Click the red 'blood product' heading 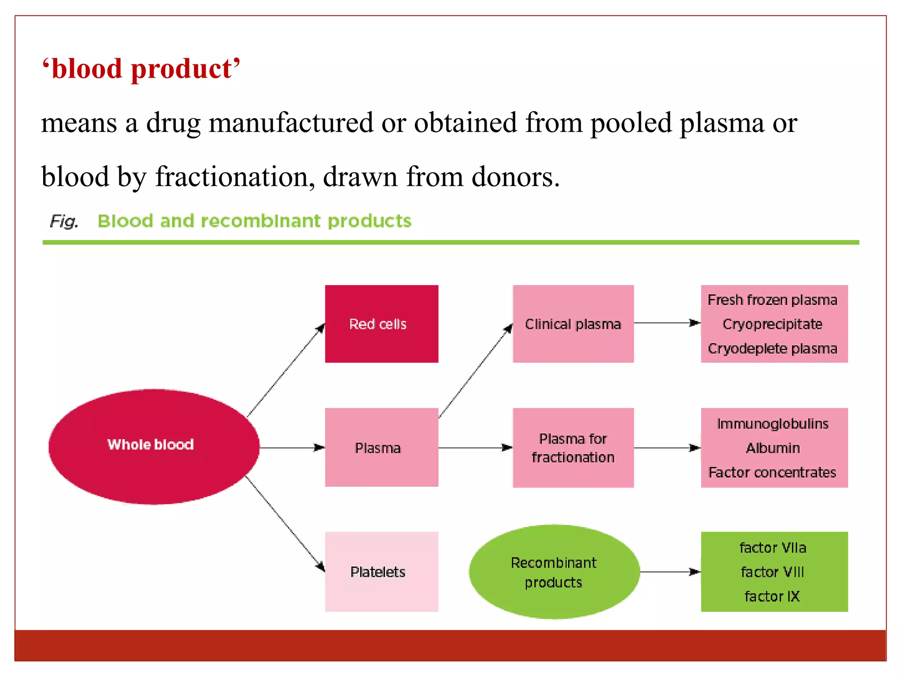pos(141,69)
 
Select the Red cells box pos(381,324)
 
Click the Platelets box pos(381,571)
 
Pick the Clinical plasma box pos(573,324)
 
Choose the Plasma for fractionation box pos(573,448)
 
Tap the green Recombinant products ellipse pos(554,572)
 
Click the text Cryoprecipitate pos(773,324)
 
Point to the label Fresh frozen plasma pos(773,300)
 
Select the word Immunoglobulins pos(773,424)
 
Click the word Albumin pos(773,448)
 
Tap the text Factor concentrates pos(773,473)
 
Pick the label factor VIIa pos(773,548)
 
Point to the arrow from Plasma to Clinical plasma pos(476,371)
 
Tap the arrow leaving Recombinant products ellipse pos(669,572)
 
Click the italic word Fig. pos(64,221)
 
